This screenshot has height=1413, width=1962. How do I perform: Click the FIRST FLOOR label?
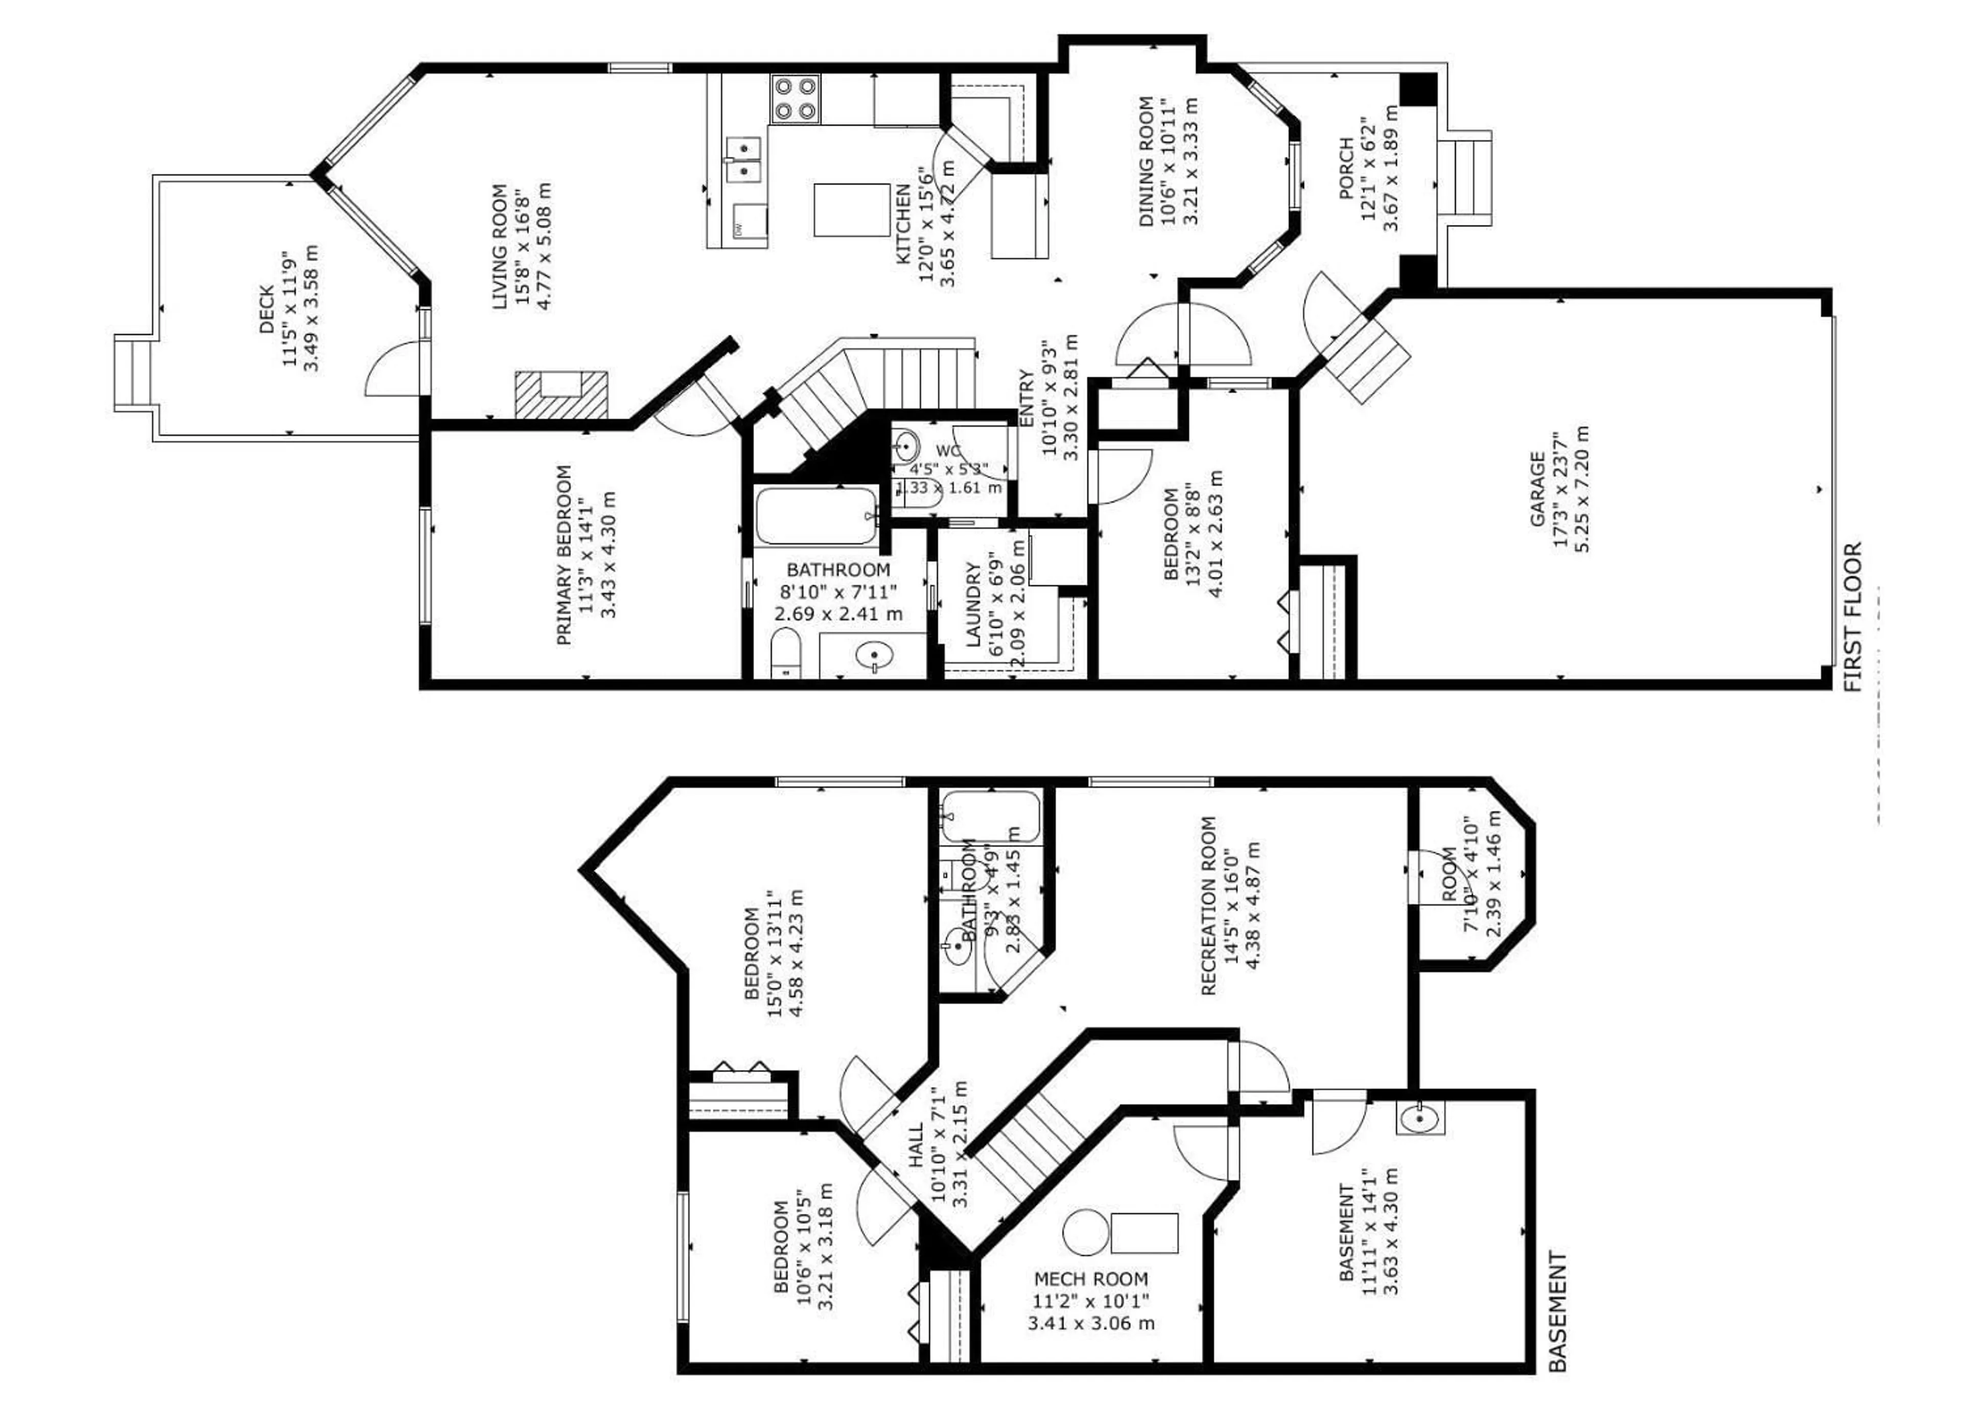pos(1852,617)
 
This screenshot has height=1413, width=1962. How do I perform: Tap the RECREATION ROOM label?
pos(1208,906)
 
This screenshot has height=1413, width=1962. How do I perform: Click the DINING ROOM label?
pos(1146,162)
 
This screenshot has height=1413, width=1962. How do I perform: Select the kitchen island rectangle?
pos(851,210)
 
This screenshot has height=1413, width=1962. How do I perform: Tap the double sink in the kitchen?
pos(743,160)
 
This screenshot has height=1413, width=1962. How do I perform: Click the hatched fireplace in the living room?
pos(560,395)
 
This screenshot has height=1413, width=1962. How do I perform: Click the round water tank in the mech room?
pos(1085,1233)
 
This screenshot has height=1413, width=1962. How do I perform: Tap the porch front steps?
pos(1468,178)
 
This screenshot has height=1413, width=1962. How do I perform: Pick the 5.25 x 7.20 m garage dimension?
pos(1582,489)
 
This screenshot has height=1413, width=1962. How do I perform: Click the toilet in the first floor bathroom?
pos(785,653)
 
